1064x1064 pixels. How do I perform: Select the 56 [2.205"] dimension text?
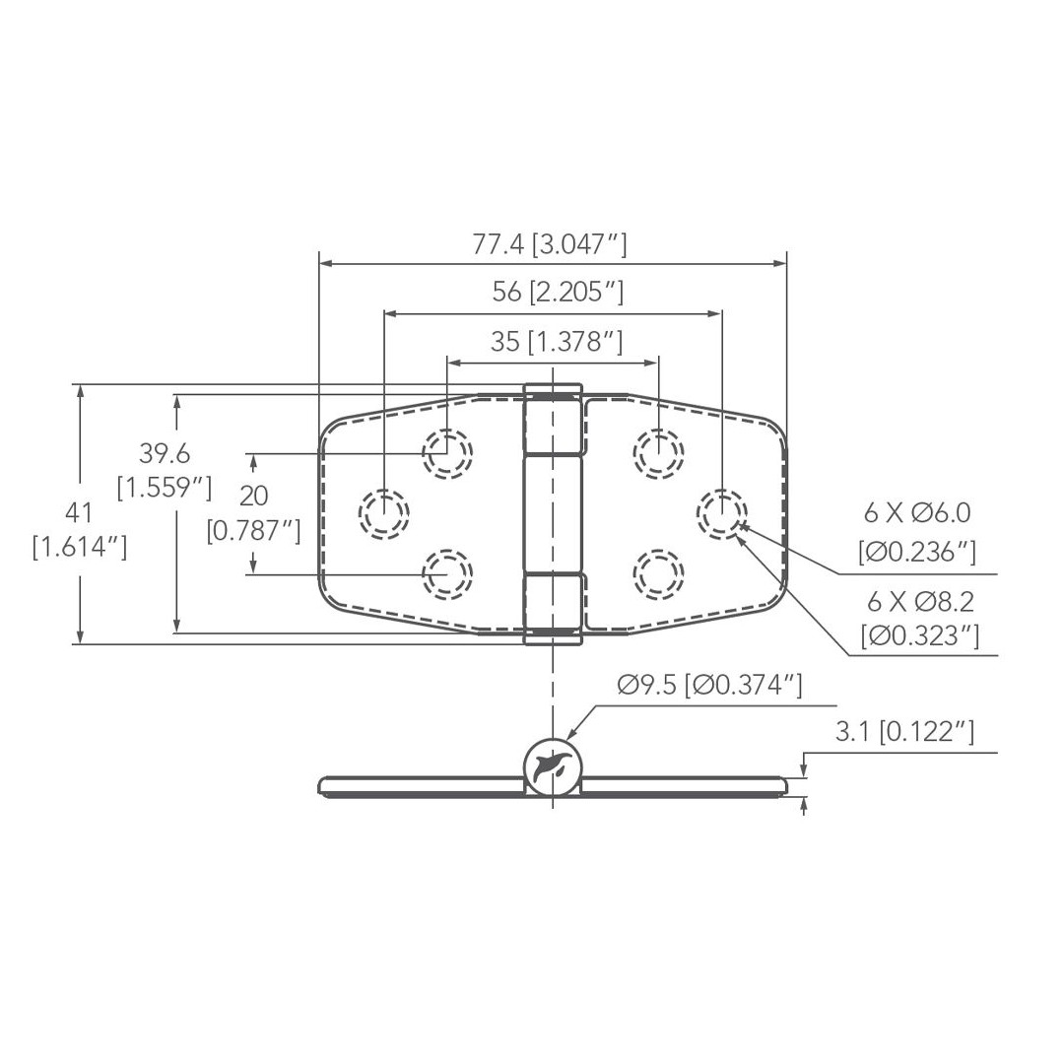[558, 293]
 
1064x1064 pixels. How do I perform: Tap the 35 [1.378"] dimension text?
[557, 342]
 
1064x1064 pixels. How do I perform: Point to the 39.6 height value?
[164, 454]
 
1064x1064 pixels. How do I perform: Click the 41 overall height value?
[79, 512]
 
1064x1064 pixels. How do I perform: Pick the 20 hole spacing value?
[253, 496]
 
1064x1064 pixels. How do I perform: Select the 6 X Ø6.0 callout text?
[917, 513]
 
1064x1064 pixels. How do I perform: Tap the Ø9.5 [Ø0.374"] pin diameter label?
[709, 684]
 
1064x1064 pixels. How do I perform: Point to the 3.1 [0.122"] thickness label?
[904, 731]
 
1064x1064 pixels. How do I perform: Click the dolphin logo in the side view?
[552, 765]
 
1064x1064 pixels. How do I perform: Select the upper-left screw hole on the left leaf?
[447, 453]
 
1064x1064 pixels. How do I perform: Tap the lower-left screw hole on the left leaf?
[447, 573]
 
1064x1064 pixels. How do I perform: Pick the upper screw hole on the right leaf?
[657, 453]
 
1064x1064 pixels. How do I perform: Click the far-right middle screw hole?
[721, 513]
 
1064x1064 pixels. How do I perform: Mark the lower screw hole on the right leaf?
[657, 573]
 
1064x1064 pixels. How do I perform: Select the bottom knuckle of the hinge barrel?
[552, 609]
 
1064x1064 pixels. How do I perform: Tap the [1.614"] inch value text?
[79, 547]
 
